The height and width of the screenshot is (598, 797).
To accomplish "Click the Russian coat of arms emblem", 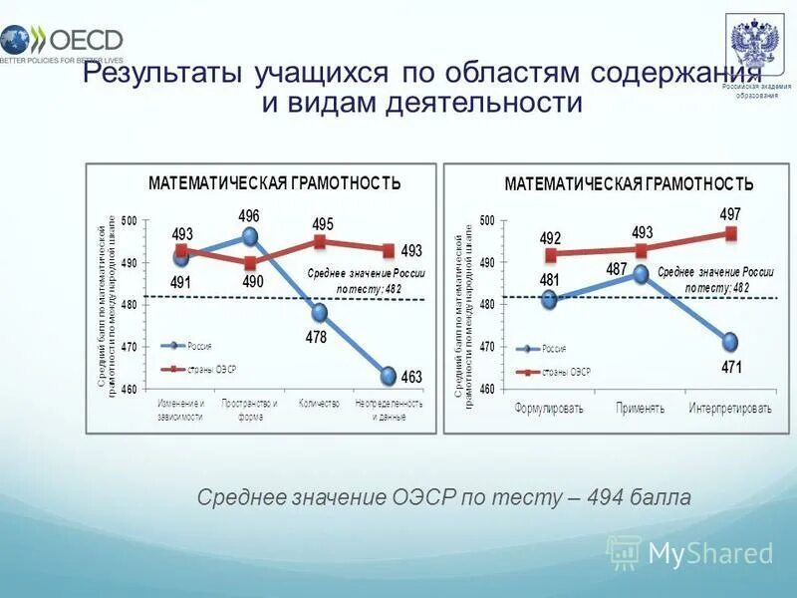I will tap(754, 45).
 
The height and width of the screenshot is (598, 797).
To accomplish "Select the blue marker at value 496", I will tap(250, 237).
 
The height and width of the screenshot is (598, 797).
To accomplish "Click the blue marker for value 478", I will tap(319, 313).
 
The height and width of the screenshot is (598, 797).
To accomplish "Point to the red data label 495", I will tap(323, 224).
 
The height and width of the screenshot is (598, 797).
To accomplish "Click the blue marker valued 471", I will tap(730, 342).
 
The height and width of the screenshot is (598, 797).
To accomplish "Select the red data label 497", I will tap(730, 214).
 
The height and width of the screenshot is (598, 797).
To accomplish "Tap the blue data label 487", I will tap(616, 270).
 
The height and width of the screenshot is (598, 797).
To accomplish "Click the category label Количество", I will tap(319, 404).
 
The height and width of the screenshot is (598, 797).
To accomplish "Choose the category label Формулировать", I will tap(548, 410).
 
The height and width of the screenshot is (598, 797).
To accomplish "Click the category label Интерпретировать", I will tap(730, 410).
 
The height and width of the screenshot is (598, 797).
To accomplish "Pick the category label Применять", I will tap(640, 410).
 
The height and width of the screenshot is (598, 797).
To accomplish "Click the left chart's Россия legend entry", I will tap(197, 346).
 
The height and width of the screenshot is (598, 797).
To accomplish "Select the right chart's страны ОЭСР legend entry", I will tap(566, 372).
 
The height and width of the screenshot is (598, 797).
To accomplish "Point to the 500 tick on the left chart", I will tap(130, 220).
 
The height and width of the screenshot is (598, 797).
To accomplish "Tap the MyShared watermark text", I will tap(710, 554).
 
